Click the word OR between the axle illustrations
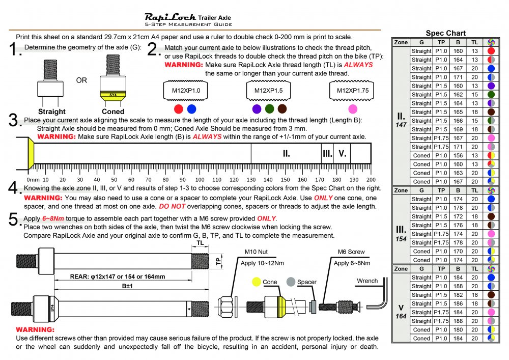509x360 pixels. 81,80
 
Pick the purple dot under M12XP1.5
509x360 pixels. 257,109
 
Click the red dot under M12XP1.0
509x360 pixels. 178,109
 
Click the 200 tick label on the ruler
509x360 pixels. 371,180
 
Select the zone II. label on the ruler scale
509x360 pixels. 286,153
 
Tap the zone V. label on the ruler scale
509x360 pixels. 342,153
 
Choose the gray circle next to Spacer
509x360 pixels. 291,282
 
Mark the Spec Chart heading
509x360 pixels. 445,33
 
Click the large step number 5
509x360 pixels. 15,220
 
